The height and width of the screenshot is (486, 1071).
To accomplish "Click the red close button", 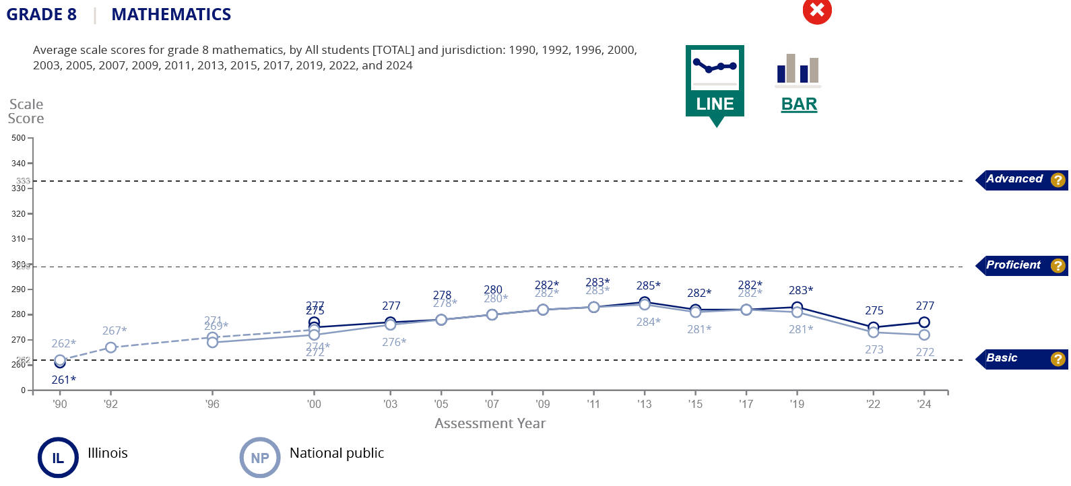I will pyautogui.click(x=817, y=10).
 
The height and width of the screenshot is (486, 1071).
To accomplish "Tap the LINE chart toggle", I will pyautogui.click(x=715, y=81).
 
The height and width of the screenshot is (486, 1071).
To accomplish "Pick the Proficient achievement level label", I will pyautogui.click(x=1013, y=265).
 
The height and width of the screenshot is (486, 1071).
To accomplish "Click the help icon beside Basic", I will pyautogui.click(x=1058, y=359).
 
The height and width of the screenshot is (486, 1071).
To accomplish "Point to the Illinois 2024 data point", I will pyautogui.click(x=924, y=322).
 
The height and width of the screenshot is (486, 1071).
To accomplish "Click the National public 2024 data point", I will pyautogui.click(x=924, y=335).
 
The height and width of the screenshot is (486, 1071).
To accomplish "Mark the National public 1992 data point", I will pyautogui.click(x=110, y=347).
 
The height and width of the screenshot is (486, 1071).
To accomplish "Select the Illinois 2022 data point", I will pyautogui.click(x=873, y=327).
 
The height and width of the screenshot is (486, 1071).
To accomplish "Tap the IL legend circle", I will pyautogui.click(x=58, y=458).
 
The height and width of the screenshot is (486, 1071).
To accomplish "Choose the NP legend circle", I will pyautogui.click(x=260, y=458).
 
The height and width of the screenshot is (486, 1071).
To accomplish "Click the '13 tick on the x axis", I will pyautogui.click(x=645, y=404).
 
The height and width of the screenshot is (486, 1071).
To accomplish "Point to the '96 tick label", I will pyautogui.click(x=212, y=404).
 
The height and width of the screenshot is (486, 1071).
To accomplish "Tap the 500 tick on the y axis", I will pyautogui.click(x=18, y=138).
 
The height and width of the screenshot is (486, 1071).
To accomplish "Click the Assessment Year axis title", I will pyautogui.click(x=490, y=423).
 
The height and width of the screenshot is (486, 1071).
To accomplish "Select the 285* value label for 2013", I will pyautogui.click(x=648, y=285).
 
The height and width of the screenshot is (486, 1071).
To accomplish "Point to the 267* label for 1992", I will pyautogui.click(x=115, y=331).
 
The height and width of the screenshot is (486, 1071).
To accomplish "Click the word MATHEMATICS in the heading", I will pyautogui.click(x=171, y=14).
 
